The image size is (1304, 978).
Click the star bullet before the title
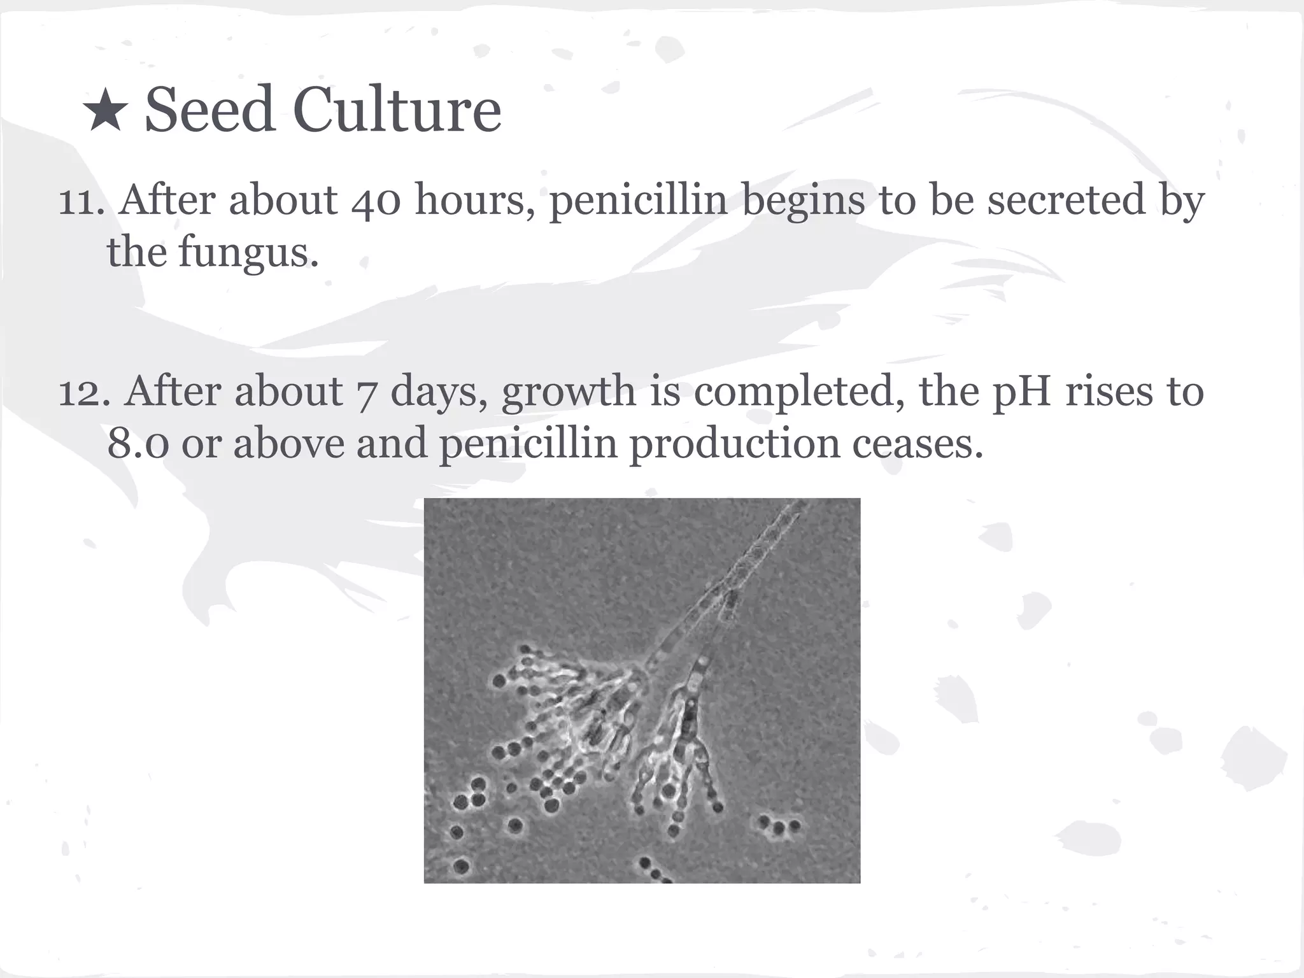click(105, 112)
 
